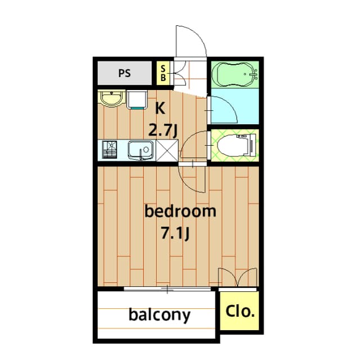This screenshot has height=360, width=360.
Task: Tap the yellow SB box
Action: (163, 73)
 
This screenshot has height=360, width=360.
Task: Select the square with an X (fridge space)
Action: (167, 150)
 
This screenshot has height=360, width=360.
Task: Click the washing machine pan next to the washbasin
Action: (137, 100)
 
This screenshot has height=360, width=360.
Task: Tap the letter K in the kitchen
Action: (160, 108)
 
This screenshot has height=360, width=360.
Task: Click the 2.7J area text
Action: (163, 130)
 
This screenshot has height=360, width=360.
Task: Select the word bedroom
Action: (180, 211)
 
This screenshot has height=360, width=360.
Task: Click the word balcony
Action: (159, 315)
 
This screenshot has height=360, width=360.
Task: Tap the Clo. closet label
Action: (240, 310)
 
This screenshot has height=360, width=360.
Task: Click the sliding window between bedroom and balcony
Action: (168, 289)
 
